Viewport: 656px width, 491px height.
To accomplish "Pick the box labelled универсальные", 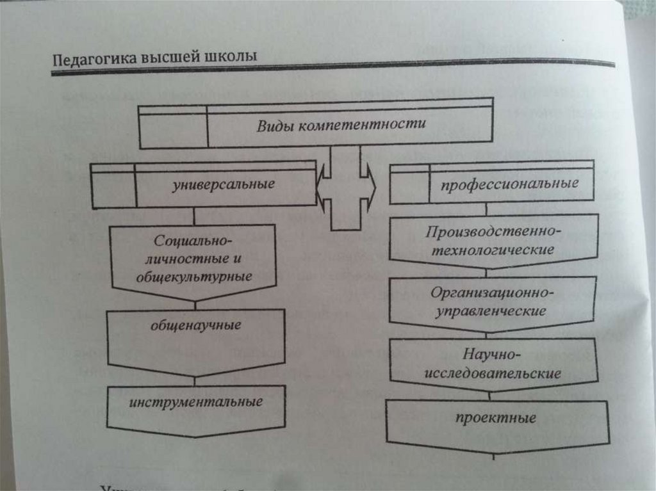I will tap(204, 186).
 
